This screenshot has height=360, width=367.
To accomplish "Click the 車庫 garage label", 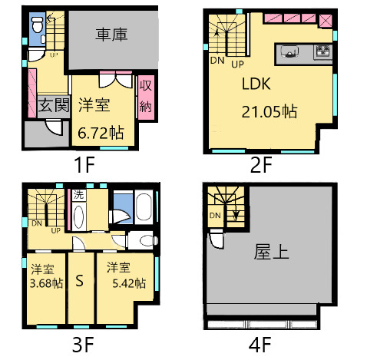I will (x=111, y=35).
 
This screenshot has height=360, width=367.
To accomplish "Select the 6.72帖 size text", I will (x=101, y=133).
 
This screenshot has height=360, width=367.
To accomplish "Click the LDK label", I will (x=258, y=84).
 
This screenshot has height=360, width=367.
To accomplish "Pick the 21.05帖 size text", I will (x=269, y=112).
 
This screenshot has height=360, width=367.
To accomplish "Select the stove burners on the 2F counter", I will (x=322, y=51).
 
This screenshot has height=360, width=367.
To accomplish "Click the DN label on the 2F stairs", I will (x=216, y=61).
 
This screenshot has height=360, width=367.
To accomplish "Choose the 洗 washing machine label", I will (x=78, y=196).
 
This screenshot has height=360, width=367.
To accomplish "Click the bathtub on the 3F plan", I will (x=144, y=208).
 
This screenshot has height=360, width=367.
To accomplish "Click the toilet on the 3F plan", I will (x=138, y=239).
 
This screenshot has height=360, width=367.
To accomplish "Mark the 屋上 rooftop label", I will (x=271, y=252).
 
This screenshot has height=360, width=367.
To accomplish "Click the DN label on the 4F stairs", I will (x=216, y=216).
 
